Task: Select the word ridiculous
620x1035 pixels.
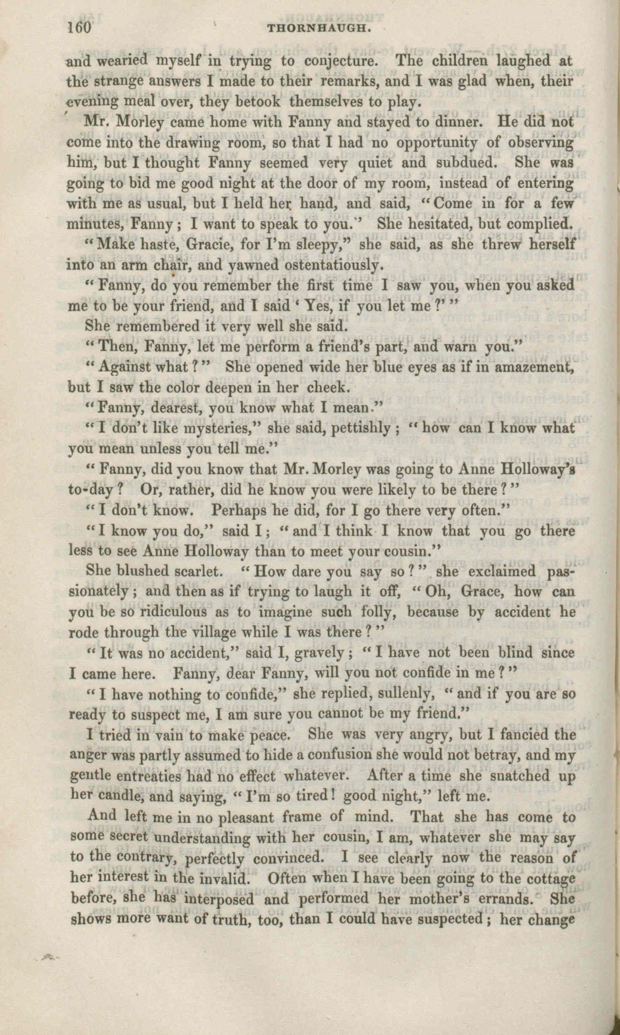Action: click(165, 612)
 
